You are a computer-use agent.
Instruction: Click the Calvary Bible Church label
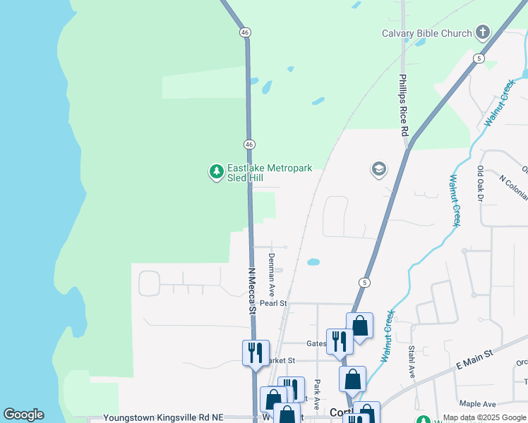426,33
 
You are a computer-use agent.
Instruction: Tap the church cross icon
483,32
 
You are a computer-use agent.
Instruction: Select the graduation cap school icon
379,169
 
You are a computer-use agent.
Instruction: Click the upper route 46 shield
244,32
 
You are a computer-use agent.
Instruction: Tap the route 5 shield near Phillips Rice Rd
479,59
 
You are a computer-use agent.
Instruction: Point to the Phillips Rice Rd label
403,106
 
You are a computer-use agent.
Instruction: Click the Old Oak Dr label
480,185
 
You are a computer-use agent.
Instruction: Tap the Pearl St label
273,303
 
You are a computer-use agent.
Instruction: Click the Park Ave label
318,395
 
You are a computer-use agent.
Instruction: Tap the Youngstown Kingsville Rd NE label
163,417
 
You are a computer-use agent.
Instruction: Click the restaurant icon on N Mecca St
255,352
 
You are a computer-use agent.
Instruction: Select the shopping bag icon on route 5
359,326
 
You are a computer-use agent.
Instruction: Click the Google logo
23,415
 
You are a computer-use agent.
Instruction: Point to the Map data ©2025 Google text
485,418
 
